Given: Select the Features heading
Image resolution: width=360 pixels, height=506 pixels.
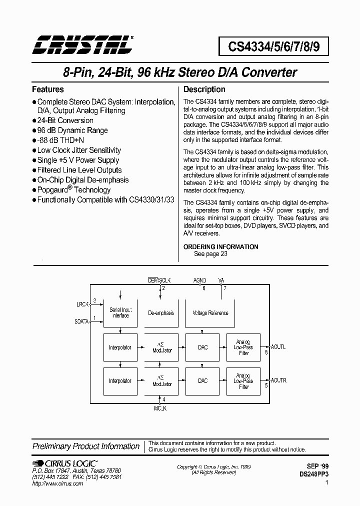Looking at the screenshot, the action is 47,89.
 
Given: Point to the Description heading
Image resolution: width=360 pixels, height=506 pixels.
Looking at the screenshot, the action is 204,89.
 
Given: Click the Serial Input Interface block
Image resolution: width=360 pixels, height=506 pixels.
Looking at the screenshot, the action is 120,313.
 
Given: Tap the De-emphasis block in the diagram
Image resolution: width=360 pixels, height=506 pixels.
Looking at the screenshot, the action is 161,313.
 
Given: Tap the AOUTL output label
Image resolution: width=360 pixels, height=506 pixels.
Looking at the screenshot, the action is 279,346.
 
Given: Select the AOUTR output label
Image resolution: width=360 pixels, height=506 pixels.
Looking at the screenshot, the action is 279,380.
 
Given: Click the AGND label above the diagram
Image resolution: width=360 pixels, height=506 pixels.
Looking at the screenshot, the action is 199,281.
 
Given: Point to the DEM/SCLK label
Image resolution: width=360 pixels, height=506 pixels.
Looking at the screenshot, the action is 159,281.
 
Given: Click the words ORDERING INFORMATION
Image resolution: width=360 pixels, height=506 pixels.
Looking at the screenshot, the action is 220,246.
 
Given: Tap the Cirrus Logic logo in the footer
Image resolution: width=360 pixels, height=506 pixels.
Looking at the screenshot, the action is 65,463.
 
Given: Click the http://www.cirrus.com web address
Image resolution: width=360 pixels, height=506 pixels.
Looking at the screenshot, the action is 57,484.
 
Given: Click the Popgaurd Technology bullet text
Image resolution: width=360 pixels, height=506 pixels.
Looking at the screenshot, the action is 74,190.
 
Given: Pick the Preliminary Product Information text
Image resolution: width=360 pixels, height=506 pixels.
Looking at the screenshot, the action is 85,446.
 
